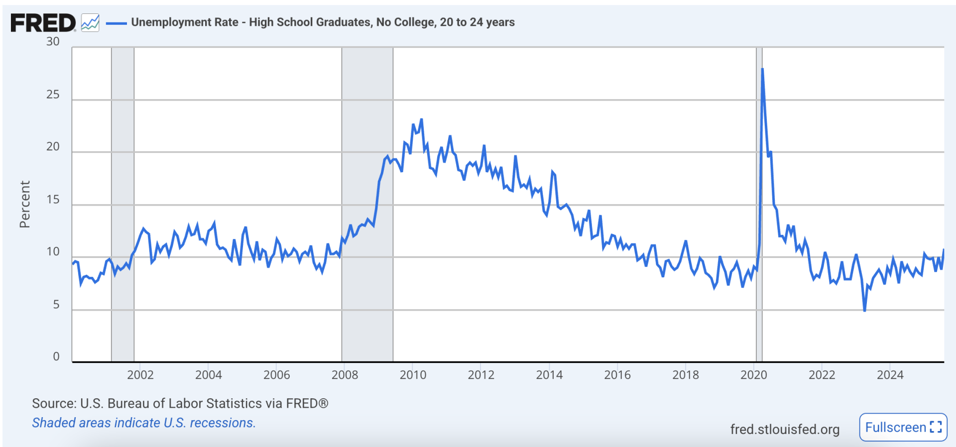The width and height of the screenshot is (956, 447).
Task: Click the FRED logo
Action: (43, 23)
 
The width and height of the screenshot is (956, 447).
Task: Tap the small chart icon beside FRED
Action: (90, 23)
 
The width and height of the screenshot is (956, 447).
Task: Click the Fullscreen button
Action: (903, 427)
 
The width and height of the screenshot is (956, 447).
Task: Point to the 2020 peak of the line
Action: (762, 69)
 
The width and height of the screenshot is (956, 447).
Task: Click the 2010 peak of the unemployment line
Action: (421, 119)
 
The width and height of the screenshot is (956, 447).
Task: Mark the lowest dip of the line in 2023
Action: (864, 311)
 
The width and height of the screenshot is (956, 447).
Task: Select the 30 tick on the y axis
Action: (53, 42)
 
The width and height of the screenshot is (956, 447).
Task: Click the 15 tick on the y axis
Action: (53, 200)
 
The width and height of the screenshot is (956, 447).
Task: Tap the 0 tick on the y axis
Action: (56, 356)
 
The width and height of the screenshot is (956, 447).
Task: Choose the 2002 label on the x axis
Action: (140, 375)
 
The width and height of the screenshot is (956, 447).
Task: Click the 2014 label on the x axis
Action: (549, 375)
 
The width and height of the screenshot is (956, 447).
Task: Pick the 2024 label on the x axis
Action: (890, 375)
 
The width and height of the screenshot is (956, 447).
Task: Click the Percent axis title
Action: (25, 204)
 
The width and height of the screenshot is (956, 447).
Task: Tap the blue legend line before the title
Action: (116, 23)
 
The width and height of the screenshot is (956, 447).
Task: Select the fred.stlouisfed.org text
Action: (785, 429)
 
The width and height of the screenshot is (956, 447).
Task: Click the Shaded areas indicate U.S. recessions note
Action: (143, 423)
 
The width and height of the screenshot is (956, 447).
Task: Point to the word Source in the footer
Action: (54, 403)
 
